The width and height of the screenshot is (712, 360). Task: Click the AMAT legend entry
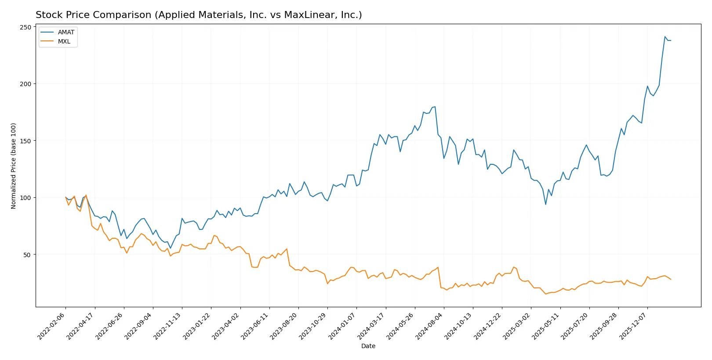66,32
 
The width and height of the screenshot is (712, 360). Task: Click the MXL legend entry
64,41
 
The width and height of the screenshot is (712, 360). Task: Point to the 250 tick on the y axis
25,27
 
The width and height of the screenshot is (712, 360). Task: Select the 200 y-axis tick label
25,84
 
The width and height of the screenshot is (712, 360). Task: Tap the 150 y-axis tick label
25,141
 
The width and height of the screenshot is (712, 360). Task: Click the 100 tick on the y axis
25,198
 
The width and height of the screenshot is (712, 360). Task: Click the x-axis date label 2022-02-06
51,326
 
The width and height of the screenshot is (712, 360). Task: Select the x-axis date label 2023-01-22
196,326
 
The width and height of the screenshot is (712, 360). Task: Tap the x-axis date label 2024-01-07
342,326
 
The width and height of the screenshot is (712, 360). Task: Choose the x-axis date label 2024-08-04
429,326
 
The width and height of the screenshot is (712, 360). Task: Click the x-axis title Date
368,346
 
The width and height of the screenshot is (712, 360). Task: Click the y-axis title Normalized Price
13,166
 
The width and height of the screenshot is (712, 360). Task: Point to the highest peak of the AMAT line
665,37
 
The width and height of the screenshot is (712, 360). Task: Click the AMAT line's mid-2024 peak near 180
435,107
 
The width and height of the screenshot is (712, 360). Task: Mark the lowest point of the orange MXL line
546,294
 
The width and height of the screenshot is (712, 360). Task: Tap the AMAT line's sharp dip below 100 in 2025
546,204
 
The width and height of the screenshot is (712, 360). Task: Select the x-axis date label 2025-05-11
545,326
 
